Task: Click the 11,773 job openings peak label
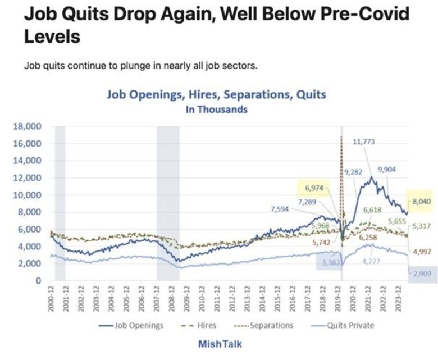point(363,142)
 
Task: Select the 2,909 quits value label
point(422,273)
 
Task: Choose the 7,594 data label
point(281,209)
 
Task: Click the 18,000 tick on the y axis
point(29,127)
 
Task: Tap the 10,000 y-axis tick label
point(29,195)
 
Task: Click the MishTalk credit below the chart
point(220,344)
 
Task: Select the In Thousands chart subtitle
point(216,110)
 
